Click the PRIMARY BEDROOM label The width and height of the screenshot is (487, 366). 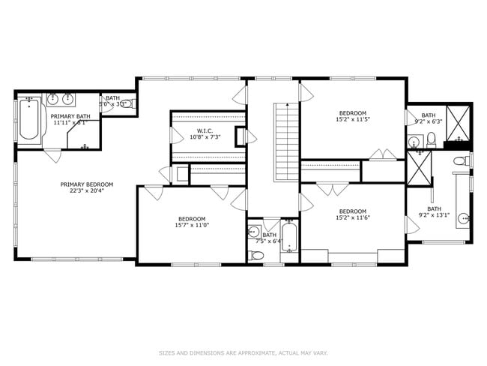click(87, 184)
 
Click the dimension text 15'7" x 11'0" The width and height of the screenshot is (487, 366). click(192, 225)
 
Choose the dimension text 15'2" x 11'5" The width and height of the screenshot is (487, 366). click(353, 119)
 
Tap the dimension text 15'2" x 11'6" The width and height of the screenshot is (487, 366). click(353, 217)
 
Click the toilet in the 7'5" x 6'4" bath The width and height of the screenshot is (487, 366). click(256, 255)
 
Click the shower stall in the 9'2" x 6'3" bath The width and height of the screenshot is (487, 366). click(459, 124)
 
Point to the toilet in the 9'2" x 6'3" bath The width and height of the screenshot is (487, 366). click(431, 139)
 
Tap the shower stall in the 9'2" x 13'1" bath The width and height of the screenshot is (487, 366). click(420, 168)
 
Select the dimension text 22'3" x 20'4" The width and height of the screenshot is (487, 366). click(87, 191)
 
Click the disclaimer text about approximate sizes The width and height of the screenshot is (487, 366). click(243, 352)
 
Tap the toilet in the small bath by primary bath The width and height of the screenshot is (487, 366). click(127, 103)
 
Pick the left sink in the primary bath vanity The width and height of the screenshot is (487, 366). click(53, 98)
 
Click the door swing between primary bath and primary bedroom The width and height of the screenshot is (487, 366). click(52, 155)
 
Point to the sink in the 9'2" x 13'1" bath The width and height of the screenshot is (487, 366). click(463, 220)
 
